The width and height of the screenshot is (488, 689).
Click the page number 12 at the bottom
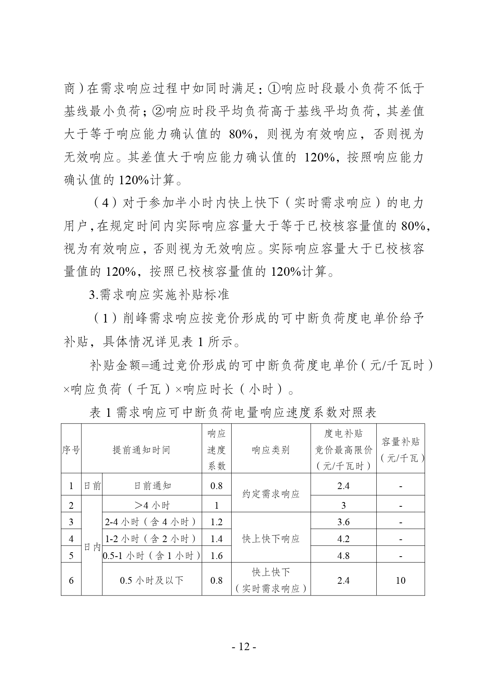pyautogui.click(x=244, y=647)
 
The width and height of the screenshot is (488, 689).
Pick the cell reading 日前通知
pyautogui.click(x=152, y=486)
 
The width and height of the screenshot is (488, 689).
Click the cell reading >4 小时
pyautogui.click(x=152, y=505)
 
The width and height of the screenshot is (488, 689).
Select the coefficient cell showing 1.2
pyautogui.click(x=216, y=522)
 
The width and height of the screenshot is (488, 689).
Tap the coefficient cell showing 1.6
pyautogui.click(x=216, y=555)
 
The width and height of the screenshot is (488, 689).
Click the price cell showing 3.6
pyautogui.click(x=343, y=522)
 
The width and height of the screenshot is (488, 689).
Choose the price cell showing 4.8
pyautogui.click(x=343, y=555)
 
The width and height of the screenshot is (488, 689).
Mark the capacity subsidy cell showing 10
pyautogui.click(x=400, y=580)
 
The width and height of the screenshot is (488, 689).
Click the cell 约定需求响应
pyautogui.click(x=271, y=494)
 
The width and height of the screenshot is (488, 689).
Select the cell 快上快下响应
pyautogui.click(x=271, y=539)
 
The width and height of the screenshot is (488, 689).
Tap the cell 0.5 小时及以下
pyautogui.click(x=152, y=580)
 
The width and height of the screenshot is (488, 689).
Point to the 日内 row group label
pyautogui.click(x=92, y=547)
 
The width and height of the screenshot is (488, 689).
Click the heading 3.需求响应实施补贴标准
pyautogui.click(x=159, y=294)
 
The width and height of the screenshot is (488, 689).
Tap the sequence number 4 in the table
pyautogui.click(x=71, y=539)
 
